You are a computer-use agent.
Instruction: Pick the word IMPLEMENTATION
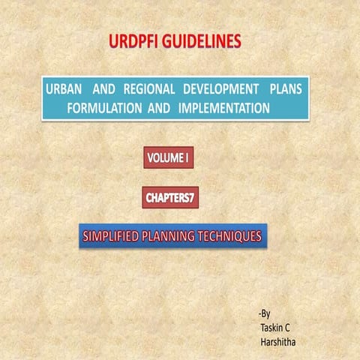click(x=224, y=107)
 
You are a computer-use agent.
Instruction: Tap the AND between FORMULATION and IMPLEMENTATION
click(x=158, y=107)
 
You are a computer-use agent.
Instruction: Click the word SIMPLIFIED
click(x=112, y=237)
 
